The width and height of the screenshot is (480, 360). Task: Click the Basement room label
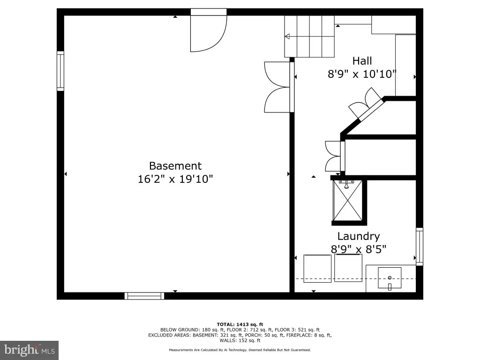coord(175,166)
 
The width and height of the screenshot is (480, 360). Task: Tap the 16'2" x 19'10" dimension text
coord(175,179)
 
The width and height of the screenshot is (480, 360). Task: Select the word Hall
coord(362,61)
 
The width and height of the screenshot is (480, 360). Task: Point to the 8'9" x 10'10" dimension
coord(362,74)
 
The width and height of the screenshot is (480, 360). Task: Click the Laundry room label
coord(359,236)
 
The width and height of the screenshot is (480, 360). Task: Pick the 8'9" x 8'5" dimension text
coord(359,249)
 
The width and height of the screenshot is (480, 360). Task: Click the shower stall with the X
coord(347,201)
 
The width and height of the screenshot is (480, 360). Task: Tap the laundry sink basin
coord(390,278)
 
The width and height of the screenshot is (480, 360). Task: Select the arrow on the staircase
coord(309,37)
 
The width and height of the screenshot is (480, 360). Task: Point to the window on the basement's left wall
coord(60,71)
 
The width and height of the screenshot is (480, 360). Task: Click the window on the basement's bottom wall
coord(144,296)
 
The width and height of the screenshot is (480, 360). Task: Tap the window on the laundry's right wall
coord(420,247)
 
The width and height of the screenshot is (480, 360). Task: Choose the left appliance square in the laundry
coord(317,269)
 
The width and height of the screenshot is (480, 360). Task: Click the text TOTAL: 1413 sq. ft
coord(240,324)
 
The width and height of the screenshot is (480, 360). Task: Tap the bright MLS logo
coord(30,350)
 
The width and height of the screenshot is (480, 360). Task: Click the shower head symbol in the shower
coord(346,185)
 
